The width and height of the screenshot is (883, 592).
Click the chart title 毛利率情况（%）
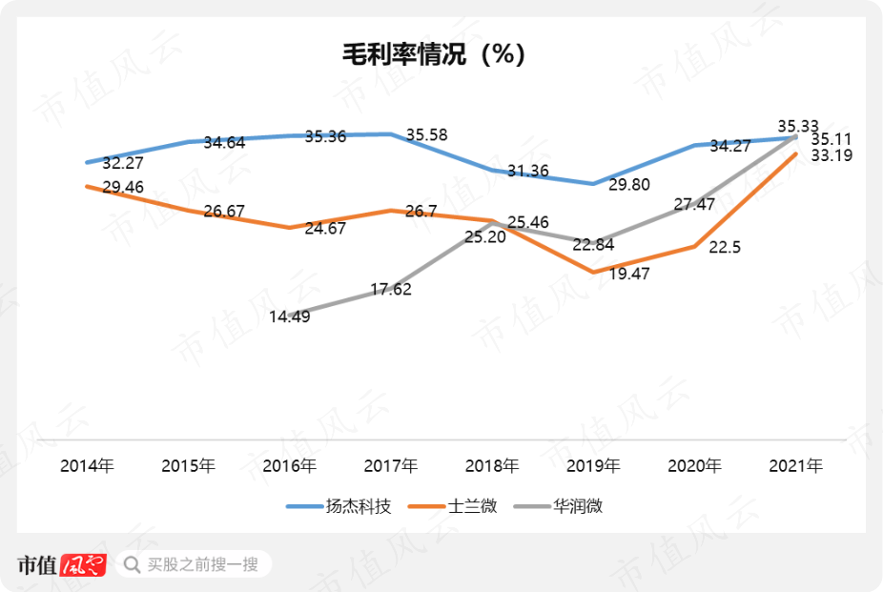point(435,54)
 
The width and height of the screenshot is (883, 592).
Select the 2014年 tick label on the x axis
point(87,466)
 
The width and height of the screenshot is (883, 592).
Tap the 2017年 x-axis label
point(391,466)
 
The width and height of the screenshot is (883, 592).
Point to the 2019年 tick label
point(593,466)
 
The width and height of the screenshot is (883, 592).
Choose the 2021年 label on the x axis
point(796,466)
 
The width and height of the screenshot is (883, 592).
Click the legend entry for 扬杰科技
point(339,506)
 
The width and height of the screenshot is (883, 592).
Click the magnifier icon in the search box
point(132,564)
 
